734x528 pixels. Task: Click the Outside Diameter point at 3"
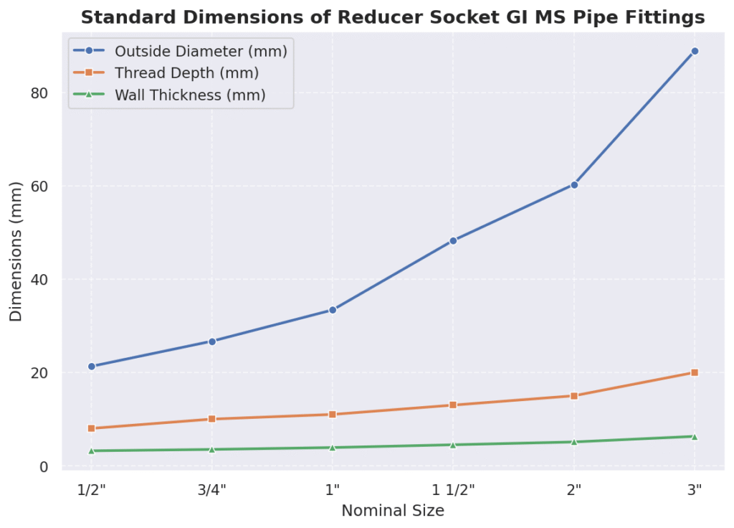(x=695, y=51)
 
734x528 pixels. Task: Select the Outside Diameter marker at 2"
(x=574, y=184)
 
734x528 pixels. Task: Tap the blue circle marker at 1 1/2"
(x=453, y=240)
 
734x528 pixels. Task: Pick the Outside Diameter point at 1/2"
(x=91, y=367)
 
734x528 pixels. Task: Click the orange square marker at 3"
(x=695, y=372)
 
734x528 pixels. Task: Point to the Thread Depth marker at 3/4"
(x=211, y=419)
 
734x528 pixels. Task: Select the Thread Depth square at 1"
(x=333, y=415)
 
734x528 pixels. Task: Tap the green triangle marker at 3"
(x=695, y=436)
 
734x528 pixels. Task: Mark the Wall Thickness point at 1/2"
(x=91, y=451)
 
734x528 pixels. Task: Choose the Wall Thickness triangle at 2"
(x=574, y=442)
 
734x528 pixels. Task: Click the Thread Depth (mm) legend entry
(x=186, y=73)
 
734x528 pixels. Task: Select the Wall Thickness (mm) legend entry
(x=190, y=95)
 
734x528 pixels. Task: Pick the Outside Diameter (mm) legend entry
(x=201, y=51)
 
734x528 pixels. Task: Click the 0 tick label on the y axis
(x=44, y=466)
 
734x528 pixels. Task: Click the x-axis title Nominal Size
(x=393, y=511)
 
